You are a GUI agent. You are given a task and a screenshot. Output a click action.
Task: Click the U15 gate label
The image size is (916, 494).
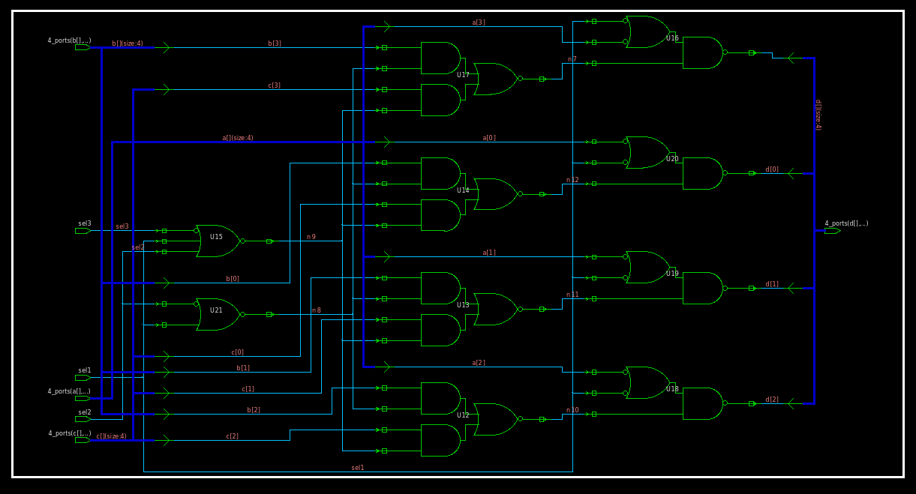(x=216, y=237)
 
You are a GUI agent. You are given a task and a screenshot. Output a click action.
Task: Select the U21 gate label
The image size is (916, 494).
(x=216, y=310)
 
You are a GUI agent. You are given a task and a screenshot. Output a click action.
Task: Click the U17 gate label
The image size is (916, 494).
(x=463, y=75)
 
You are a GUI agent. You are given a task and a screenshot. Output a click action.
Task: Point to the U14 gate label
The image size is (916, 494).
(x=463, y=190)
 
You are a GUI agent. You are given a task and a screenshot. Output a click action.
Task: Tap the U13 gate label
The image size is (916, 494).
(x=463, y=305)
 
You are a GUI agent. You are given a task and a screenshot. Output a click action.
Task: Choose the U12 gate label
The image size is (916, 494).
(x=463, y=415)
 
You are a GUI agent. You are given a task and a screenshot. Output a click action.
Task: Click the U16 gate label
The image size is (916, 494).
(x=672, y=38)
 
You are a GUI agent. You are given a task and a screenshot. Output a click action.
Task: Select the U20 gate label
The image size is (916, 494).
(x=672, y=159)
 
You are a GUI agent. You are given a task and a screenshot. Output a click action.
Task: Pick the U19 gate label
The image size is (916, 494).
(x=672, y=274)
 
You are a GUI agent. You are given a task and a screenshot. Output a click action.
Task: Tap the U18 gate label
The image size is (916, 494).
(x=672, y=389)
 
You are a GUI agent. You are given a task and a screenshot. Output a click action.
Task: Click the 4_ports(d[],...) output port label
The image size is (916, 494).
(x=846, y=223)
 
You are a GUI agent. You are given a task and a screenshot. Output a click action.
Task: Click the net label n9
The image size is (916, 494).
(x=311, y=237)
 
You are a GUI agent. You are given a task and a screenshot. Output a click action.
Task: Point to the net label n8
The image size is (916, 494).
(x=316, y=310)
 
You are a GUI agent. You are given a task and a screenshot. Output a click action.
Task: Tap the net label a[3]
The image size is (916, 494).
(x=478, y=22)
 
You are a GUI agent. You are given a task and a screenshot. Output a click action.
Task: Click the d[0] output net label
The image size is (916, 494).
(x=772, y=169)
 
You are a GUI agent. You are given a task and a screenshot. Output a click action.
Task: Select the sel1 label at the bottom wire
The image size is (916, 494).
(x=358, y=468)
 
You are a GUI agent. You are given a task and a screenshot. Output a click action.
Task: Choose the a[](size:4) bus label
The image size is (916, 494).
(x=238, y=138)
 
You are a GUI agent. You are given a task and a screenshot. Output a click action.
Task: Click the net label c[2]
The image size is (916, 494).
(x=232, y=436)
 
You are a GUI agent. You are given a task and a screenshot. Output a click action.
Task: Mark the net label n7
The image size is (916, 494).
(x=572, y=60)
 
